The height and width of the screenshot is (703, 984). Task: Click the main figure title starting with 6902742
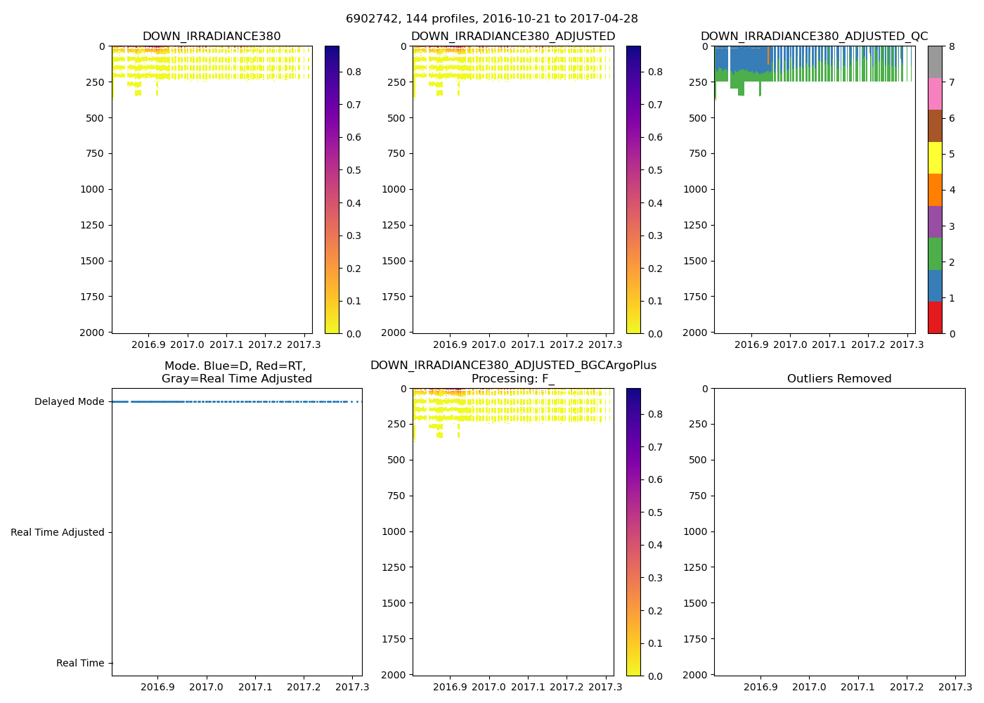click(x=491, y=19)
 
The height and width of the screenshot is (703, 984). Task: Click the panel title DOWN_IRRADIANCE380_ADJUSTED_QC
click(x=814, y=37)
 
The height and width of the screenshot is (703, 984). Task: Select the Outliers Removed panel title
click(x=839, y=379)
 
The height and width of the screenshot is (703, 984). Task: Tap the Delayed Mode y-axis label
click(x=69, y=402)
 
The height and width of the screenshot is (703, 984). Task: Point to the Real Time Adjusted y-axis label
click(x=58, y=533)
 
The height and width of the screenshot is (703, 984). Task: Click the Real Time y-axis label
click(x=80, y=664)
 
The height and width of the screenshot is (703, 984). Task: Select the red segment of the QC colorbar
click(x=935, y=318)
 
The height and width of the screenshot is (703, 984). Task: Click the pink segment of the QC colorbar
click(x=935, y=94)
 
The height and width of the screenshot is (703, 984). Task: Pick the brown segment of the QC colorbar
click(x=935, y=126)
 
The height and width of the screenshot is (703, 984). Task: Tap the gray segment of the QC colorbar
click(x=935, y=62)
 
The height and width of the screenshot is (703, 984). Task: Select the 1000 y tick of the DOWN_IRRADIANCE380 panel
click(x=92, y=189)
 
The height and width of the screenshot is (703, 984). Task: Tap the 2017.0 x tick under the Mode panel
click(x=206, y=687)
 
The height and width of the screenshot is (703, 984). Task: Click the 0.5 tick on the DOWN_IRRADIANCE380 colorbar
click(x=354, y=170)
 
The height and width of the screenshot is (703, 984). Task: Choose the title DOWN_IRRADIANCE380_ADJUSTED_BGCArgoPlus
click(x=513, y=366)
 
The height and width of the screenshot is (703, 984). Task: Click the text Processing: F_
click(x=513, y=379)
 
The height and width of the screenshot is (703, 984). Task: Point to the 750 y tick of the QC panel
click(x=697, y=153)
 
